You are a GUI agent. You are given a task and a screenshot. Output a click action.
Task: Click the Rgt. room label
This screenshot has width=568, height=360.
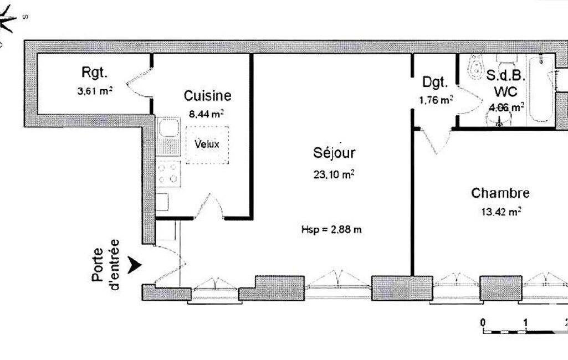pos(94,73)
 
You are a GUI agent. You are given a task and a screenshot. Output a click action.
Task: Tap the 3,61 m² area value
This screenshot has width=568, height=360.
pos(95,90)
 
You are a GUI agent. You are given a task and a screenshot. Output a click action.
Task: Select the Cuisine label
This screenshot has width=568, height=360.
pos(207,96)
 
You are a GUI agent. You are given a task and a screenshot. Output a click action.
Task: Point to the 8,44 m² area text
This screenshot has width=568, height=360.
pos(206,114)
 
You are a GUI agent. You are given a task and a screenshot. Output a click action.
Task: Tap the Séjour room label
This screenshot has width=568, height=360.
pos(334,152)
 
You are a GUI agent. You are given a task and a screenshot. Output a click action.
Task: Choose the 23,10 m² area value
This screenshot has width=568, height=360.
pos(334,174)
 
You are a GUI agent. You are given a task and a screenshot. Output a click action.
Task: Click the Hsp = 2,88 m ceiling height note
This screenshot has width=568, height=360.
pos(331,229)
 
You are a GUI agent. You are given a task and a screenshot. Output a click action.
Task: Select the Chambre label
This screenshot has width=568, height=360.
pos(500,193)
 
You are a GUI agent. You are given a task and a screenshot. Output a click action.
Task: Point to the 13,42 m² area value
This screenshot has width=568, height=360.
pos(502,211)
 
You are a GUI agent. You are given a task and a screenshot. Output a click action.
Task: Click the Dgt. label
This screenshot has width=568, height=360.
pos(435,82)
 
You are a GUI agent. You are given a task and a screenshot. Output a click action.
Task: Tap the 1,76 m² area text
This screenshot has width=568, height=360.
pos(436,100)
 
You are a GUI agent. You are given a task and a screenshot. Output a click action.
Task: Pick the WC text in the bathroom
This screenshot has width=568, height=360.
pos(506,92)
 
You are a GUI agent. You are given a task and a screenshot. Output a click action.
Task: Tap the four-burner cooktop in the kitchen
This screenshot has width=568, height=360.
pos(168,173)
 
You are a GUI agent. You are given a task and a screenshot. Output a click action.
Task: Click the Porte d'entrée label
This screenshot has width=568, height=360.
pos(105,264)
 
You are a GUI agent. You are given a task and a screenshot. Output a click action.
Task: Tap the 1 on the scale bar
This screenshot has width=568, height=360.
pos(525,322)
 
